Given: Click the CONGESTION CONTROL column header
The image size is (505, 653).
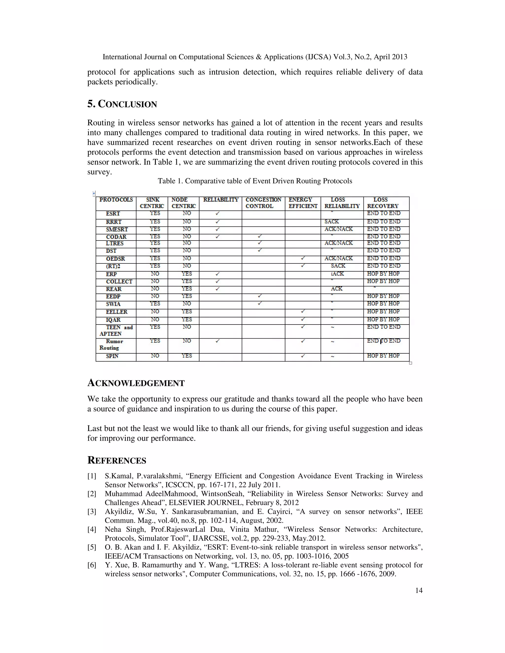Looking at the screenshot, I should pyautogui.click(x=263, y=203).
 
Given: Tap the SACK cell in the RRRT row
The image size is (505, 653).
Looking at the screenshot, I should pyautogui.click(x=331, y=222).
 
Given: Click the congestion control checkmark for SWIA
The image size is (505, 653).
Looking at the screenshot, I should pyautogui.click(x=260, y=304).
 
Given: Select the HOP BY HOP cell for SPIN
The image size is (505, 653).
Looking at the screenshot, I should pyautogui.click(x=383, y=356).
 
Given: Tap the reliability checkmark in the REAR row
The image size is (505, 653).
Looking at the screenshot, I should pyautogui.click(x=217, y=289).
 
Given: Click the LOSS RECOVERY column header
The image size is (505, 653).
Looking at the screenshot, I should pyautogui.click(x=383, y=203).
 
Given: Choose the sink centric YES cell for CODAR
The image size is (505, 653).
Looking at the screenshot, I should pyautogui.click(x=155, y=236).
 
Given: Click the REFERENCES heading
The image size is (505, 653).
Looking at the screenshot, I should pyautogui.click(x=117, y=461).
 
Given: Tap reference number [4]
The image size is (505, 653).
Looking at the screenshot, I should pyautogui.click(x=91, y=530).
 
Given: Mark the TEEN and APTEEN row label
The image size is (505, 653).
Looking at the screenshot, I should pyautogui.click(x=115, y=330).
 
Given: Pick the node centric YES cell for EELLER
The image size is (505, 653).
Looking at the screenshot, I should pyautogui.click(x=187, y=311).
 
